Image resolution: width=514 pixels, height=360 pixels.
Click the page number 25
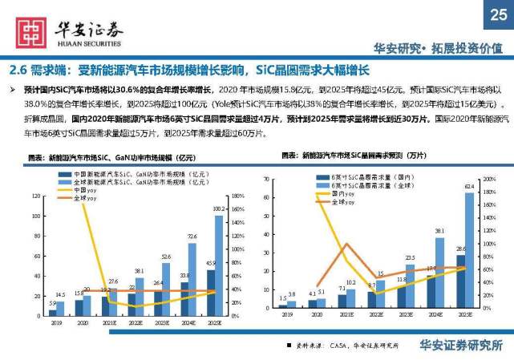[x=498, y=14]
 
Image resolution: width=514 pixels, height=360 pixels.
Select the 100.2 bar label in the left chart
[x=219, y=210]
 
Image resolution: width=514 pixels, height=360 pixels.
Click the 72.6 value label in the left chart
[x=192, y=237]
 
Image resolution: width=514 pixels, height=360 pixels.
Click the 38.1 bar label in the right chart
[x=440, y=230]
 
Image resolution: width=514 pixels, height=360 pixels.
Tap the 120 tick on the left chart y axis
[x=34, y=196]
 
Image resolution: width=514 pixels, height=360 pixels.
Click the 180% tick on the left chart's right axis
[x=237, y=196]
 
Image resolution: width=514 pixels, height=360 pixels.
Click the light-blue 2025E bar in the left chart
[x=219, y=265]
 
